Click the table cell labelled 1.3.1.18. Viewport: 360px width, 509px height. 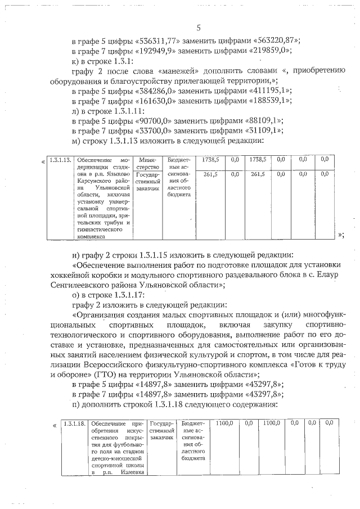coord(74,423)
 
